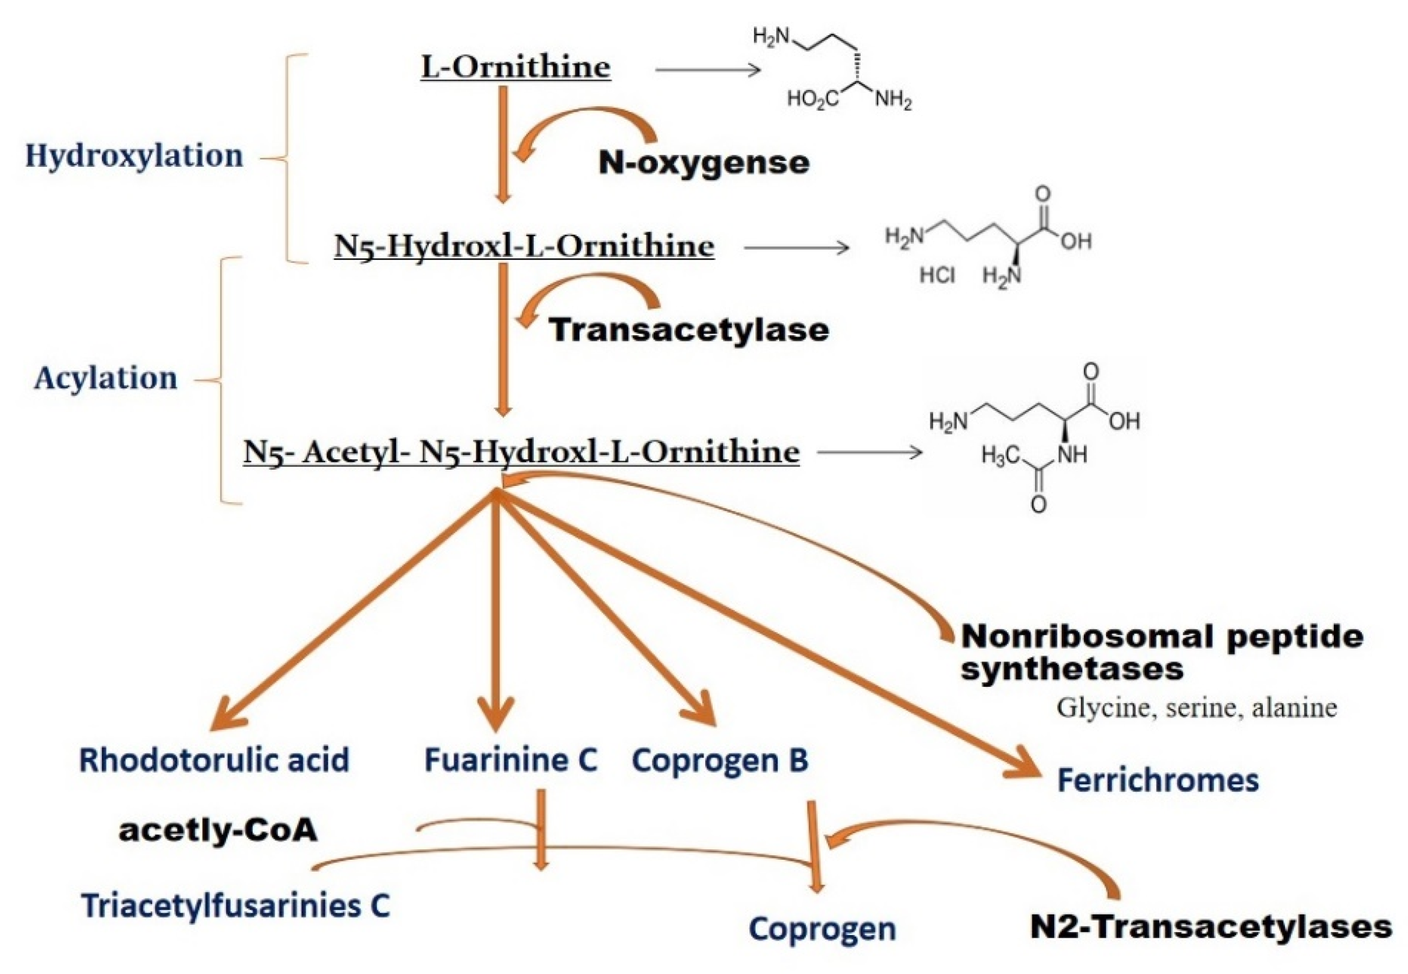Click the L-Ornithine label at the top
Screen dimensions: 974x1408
coord(515,67)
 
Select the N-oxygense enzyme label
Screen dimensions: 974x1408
coord(704,163)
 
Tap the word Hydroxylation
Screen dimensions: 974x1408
coord(134,155)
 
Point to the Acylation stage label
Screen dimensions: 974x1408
coord(106,378)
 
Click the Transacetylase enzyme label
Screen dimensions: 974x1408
coord(689,329)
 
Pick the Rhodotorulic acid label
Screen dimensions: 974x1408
coord(214,761)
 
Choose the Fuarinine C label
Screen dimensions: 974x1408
coord(511,761)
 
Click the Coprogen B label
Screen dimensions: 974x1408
coord(720,761)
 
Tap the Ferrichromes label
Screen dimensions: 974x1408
coord(1158,781)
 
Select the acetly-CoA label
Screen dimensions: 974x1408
coord(218,830)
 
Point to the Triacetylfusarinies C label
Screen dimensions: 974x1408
coord(236,906)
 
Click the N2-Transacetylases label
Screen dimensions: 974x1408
coord(1211,926)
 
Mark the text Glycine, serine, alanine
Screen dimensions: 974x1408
coord(1197,708)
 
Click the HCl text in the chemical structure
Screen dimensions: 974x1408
coord(937,276)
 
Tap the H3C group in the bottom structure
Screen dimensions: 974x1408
coord(1002,454)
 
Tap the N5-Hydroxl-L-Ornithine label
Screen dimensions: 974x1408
coord(524,246)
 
